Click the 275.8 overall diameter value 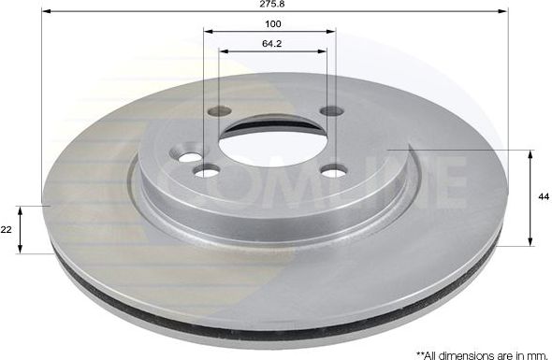273,5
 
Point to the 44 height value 542,197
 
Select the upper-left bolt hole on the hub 219,111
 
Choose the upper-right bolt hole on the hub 331,111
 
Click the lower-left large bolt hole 207,170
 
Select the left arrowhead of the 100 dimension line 208,31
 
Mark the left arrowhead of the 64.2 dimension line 223,50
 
